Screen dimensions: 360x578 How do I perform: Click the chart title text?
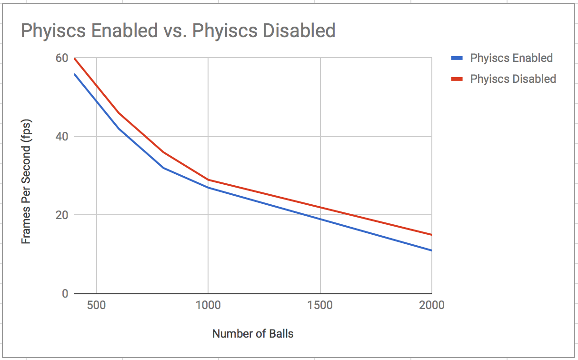click(178, 31)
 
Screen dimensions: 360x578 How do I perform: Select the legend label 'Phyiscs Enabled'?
click(511, 58)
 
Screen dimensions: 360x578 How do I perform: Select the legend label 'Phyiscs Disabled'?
click(513, 79)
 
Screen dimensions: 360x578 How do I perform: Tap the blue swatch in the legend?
click(457, 58)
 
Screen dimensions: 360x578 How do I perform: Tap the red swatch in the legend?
click(457, 79)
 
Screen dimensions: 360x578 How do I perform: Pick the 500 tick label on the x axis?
click(97, 305)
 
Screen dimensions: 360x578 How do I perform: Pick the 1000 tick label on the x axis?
click(208, 305)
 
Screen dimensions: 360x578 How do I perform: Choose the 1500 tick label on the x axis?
click(320, 305)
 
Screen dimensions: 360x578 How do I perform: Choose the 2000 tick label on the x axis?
click(431, 305)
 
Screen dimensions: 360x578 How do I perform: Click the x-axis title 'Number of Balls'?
click(253, 334)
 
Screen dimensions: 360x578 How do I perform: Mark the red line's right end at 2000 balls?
click(431, 235)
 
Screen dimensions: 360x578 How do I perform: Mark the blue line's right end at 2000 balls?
click(431, 250)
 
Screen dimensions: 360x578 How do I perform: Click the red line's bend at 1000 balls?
click(208, 180)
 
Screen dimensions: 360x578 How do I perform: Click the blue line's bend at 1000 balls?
click(208, 188)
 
